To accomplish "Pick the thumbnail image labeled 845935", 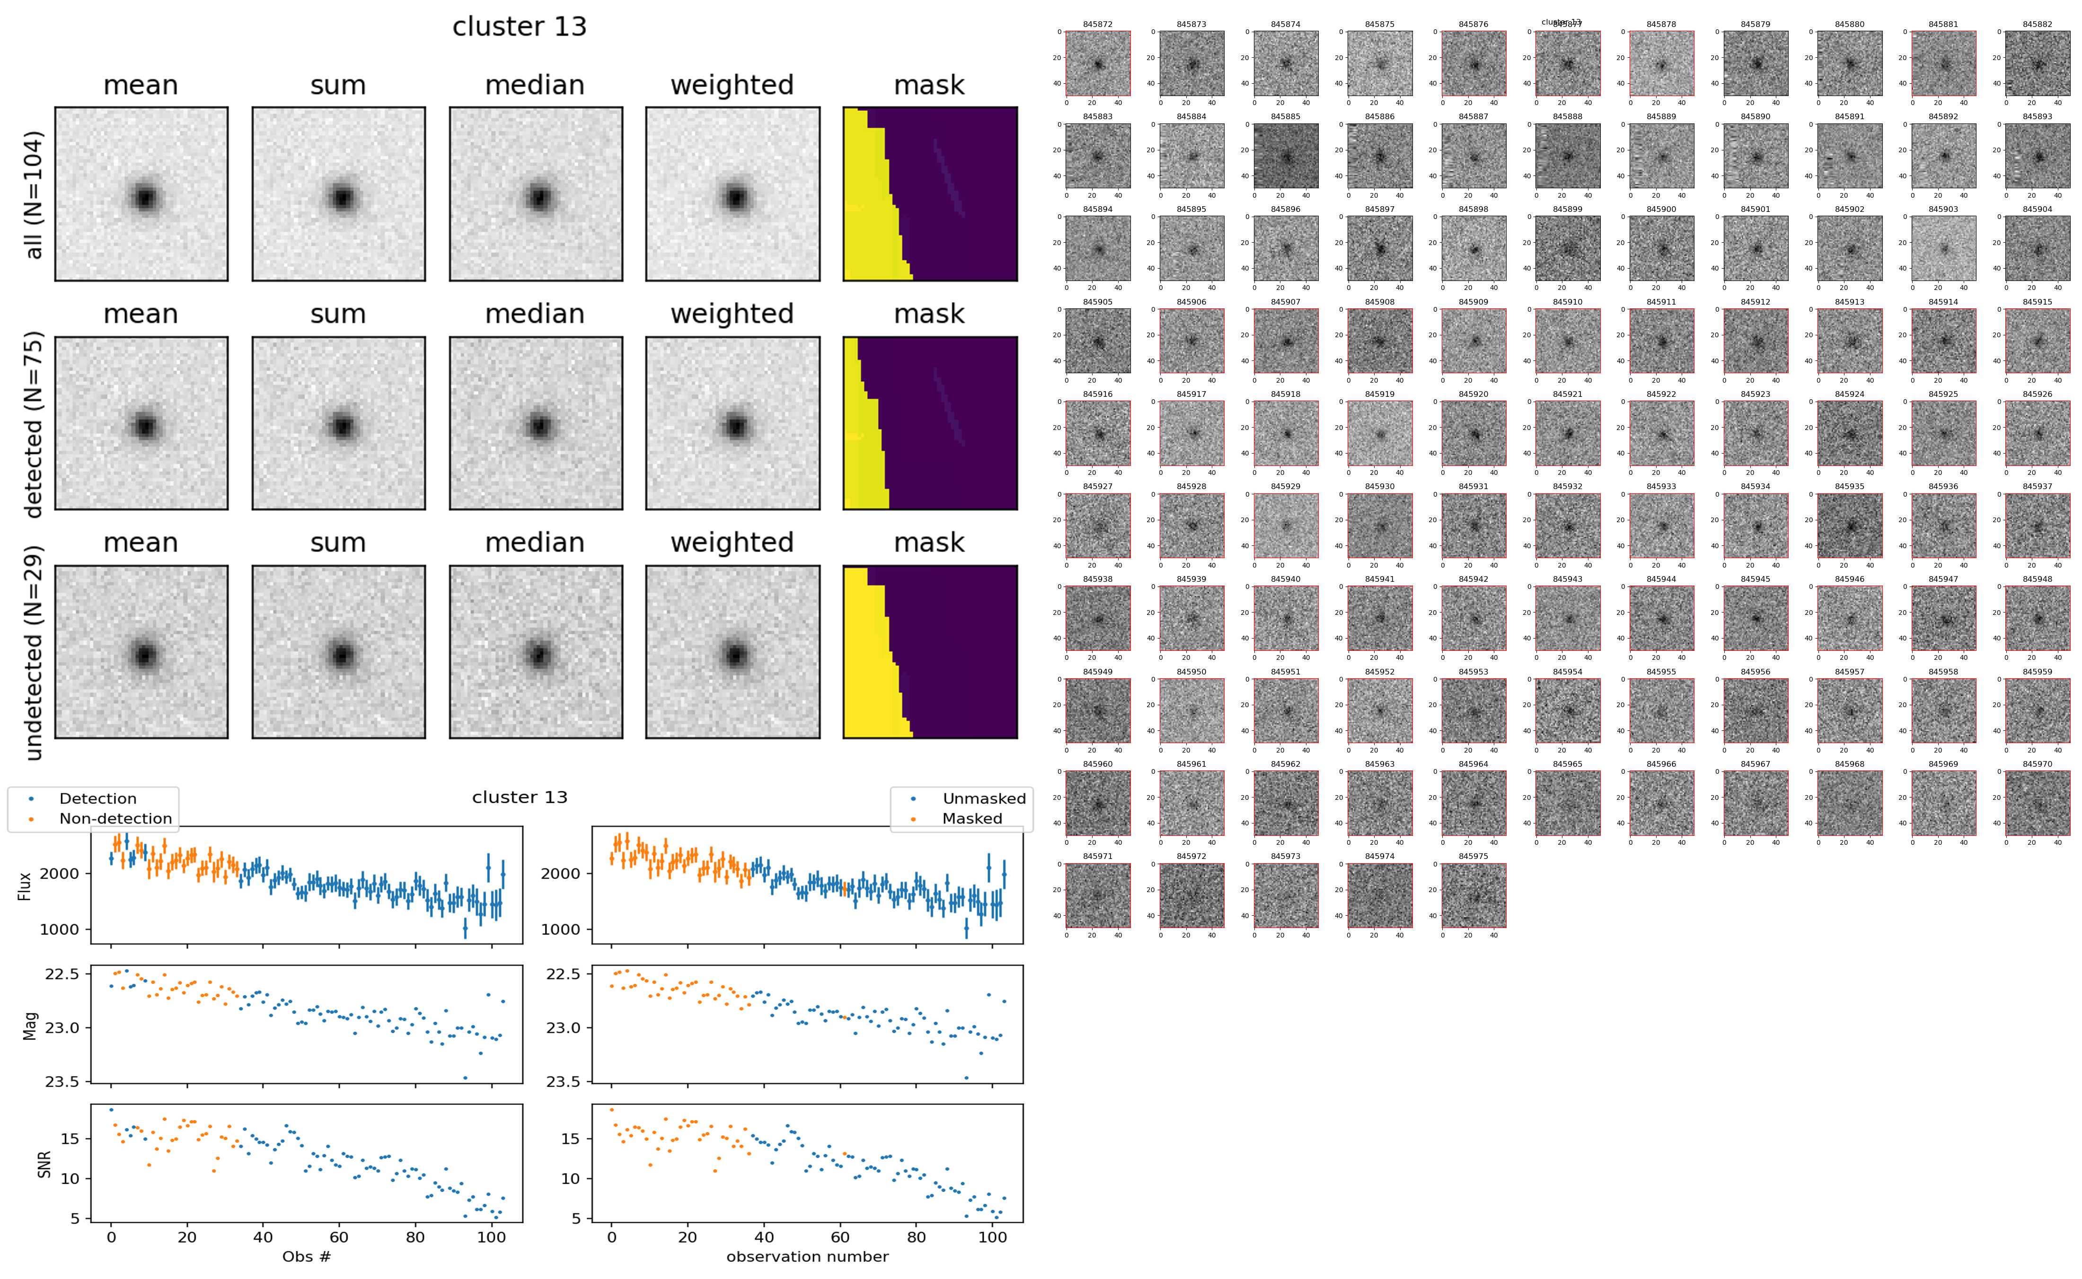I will [1849, 526].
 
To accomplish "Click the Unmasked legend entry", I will [983, 798].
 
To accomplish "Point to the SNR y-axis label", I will [45, 1164].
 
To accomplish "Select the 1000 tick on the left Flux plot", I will [59, 929].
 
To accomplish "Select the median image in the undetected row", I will [536, 652].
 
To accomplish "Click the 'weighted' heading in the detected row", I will [732, 314].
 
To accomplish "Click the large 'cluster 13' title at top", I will [520, 27].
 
